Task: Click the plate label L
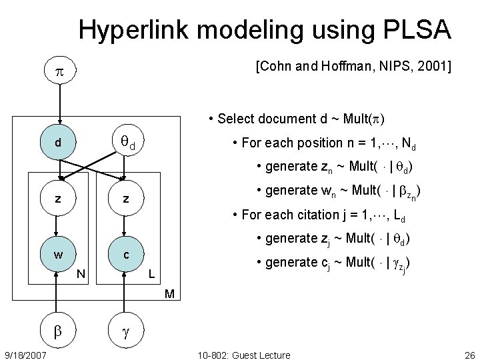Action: point(151,272)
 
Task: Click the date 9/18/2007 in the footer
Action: point(25,355)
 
